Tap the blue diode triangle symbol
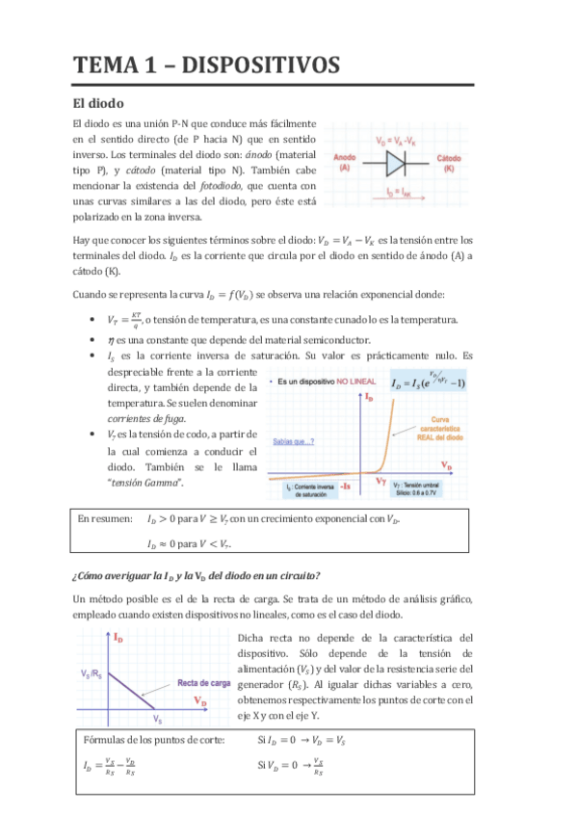[395, 165]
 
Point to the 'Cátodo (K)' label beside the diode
[449, 162]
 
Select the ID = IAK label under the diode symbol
[395, 192]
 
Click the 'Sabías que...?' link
[294, 442]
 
